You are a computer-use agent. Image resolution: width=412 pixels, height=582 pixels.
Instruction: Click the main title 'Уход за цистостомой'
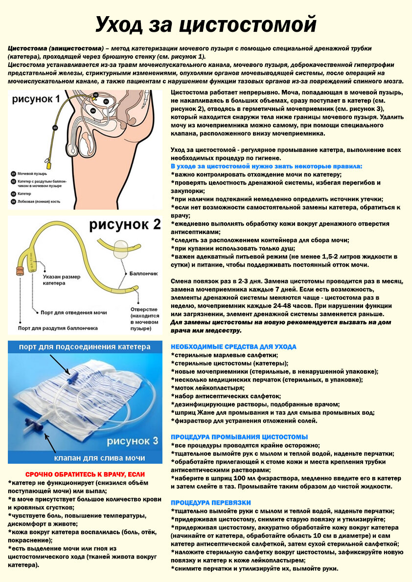tap(206, 24)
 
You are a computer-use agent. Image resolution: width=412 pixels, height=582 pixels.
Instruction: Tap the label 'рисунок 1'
tap(37, 100)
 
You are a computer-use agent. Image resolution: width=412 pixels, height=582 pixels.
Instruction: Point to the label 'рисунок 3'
tap(133, 441)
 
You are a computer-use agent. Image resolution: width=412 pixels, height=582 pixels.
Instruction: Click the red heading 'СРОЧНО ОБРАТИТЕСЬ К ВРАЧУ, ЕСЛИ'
tap(85, 474)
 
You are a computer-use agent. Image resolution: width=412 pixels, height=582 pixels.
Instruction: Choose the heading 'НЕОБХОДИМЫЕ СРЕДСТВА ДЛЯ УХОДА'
tap(233, 346)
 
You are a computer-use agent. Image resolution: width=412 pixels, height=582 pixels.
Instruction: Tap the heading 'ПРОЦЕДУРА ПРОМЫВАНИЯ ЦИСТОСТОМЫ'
tap(239, 436)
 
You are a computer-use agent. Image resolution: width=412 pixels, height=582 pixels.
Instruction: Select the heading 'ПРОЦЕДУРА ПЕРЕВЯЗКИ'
tap(211, 502)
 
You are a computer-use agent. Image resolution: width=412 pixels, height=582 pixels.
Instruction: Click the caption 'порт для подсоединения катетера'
tap(85, 347)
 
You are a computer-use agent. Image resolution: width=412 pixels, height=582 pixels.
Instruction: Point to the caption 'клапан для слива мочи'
tap(99, 458)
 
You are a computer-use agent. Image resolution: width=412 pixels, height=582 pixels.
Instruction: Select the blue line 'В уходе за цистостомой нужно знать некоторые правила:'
tap(267, 167)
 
